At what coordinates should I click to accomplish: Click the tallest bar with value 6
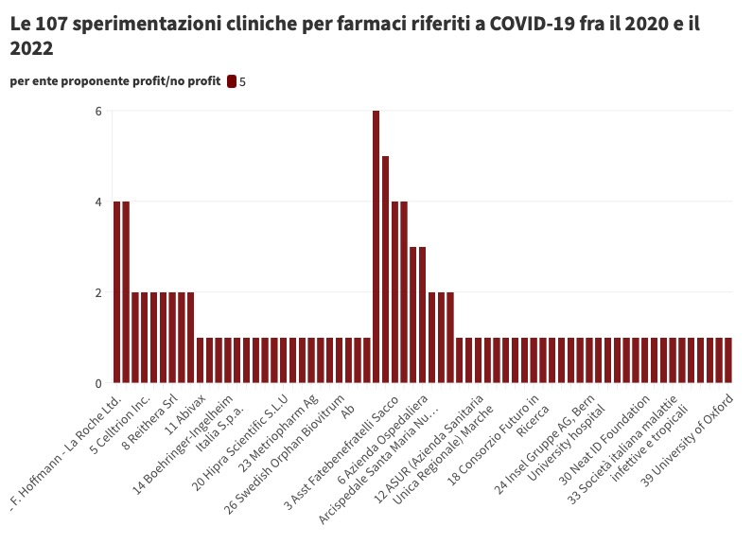[376, 246]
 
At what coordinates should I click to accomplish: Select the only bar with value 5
[385, 269]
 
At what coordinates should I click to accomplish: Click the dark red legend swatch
[232, 81]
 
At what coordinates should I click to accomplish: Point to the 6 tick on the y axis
[97, 112]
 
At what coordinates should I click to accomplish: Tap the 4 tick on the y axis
[97, 202]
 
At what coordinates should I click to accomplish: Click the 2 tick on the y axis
[97, 292]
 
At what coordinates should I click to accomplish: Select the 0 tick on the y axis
[97, 383]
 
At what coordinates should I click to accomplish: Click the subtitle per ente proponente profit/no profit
[114, 81]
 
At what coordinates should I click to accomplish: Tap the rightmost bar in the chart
[727, 360]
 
